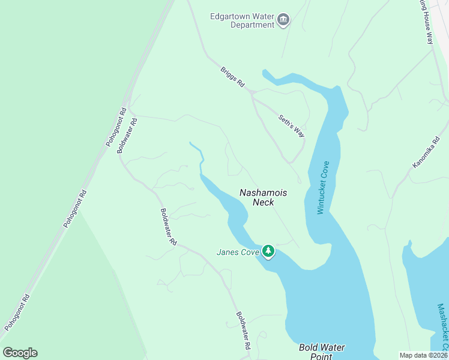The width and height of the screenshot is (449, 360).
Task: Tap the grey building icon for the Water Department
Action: pyautogui.click(x=283, y=21)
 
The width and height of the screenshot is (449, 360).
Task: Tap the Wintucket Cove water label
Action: pyautogui.click(x=324, y=187)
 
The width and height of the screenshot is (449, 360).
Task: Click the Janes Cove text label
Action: pyautogui.click(x=238, y=253)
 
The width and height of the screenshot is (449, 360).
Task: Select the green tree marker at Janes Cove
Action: pyautogui.click(x=268, y=251)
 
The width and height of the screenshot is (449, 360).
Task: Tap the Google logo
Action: pyautogui.click(x=20, y=353)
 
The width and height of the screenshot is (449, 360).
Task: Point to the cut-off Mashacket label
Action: pyautogui.click(x=442, y=327)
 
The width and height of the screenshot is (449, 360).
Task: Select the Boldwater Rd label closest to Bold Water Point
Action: pyautogui.click(x=243, y=330)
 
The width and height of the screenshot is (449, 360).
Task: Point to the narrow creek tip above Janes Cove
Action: pyautogui.click(x=191, y=143)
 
